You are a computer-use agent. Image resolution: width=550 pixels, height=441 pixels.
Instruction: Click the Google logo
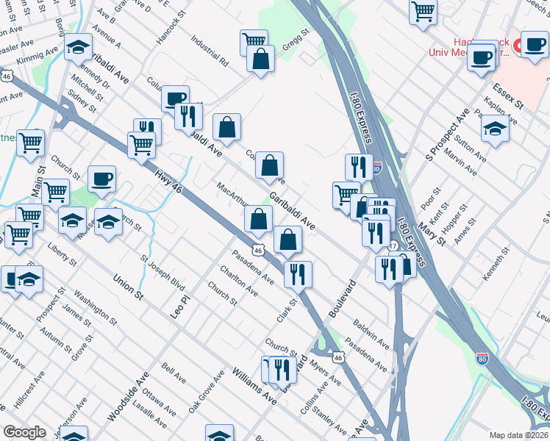click(24, 432)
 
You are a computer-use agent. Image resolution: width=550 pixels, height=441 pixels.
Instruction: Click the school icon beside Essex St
click(496, 129)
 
